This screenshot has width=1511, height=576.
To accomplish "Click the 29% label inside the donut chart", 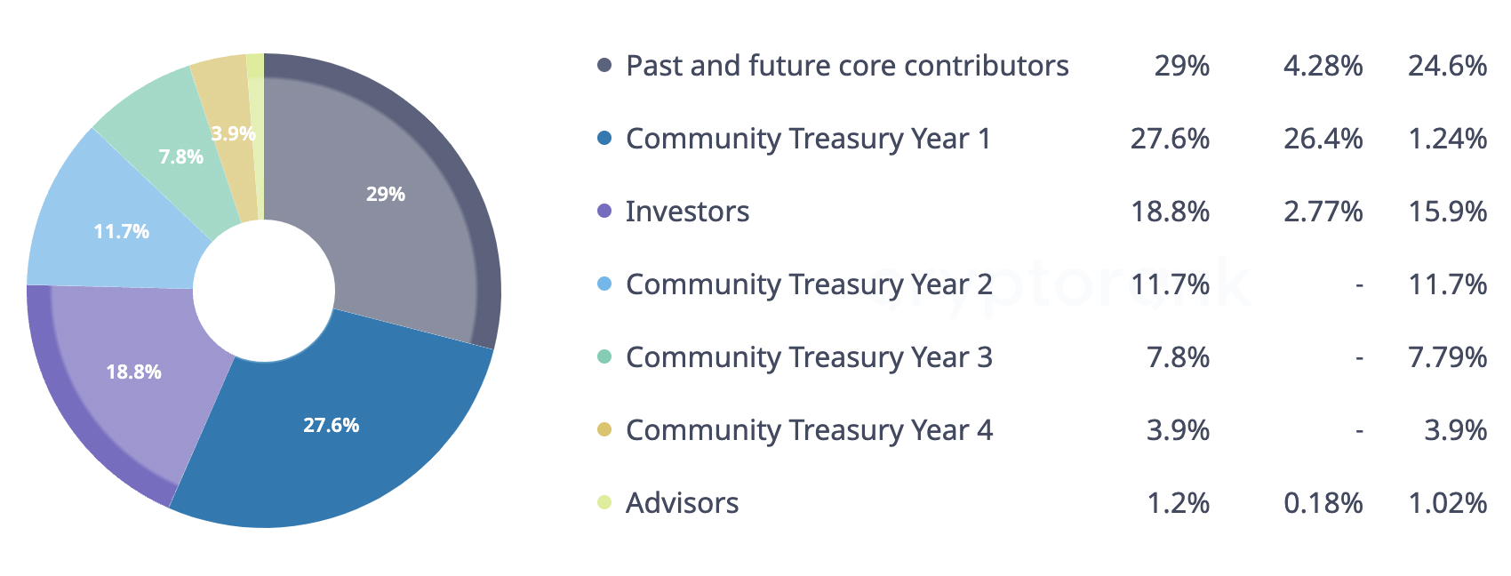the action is [x=385, y=195].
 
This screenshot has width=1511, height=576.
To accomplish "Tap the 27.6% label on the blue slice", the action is [x=331, y=425].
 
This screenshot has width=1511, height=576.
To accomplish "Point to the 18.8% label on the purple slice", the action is [x=133, y=372].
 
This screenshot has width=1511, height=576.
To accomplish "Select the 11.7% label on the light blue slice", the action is [x=122, y=231].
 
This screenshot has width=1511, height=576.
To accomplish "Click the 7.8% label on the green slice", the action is [x=180, y=156].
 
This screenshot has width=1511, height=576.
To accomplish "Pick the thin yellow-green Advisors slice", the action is [x=256, y=135].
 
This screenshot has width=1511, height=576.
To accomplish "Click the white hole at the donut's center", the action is [x=264, y=291].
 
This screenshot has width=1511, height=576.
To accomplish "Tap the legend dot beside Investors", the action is [x=604, y=211].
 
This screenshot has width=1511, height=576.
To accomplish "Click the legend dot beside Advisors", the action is [x=604, y=502].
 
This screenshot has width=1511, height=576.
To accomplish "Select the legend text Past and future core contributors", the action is [x=847, y=66].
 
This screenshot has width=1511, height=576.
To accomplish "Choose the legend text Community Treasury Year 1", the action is [x=808, y=139].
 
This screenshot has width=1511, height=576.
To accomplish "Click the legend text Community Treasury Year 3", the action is [x=810, y=357].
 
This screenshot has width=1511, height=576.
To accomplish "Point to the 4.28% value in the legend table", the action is [x=1323, y=66].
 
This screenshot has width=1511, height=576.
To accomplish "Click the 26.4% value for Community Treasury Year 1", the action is [x=1323, y=139].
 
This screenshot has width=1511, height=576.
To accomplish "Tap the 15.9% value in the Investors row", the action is [x=1448, y=212].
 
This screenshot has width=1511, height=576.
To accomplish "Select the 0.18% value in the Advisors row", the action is [x=1323, y=503].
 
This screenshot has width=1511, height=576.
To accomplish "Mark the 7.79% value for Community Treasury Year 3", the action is [x=1448, y=357].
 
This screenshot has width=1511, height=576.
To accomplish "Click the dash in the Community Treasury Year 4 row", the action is [x=1359, y=431].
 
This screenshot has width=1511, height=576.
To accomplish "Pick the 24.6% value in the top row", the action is [x=1448, y=66].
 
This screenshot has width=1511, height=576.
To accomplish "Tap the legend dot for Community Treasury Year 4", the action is [x=604, y=429].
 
